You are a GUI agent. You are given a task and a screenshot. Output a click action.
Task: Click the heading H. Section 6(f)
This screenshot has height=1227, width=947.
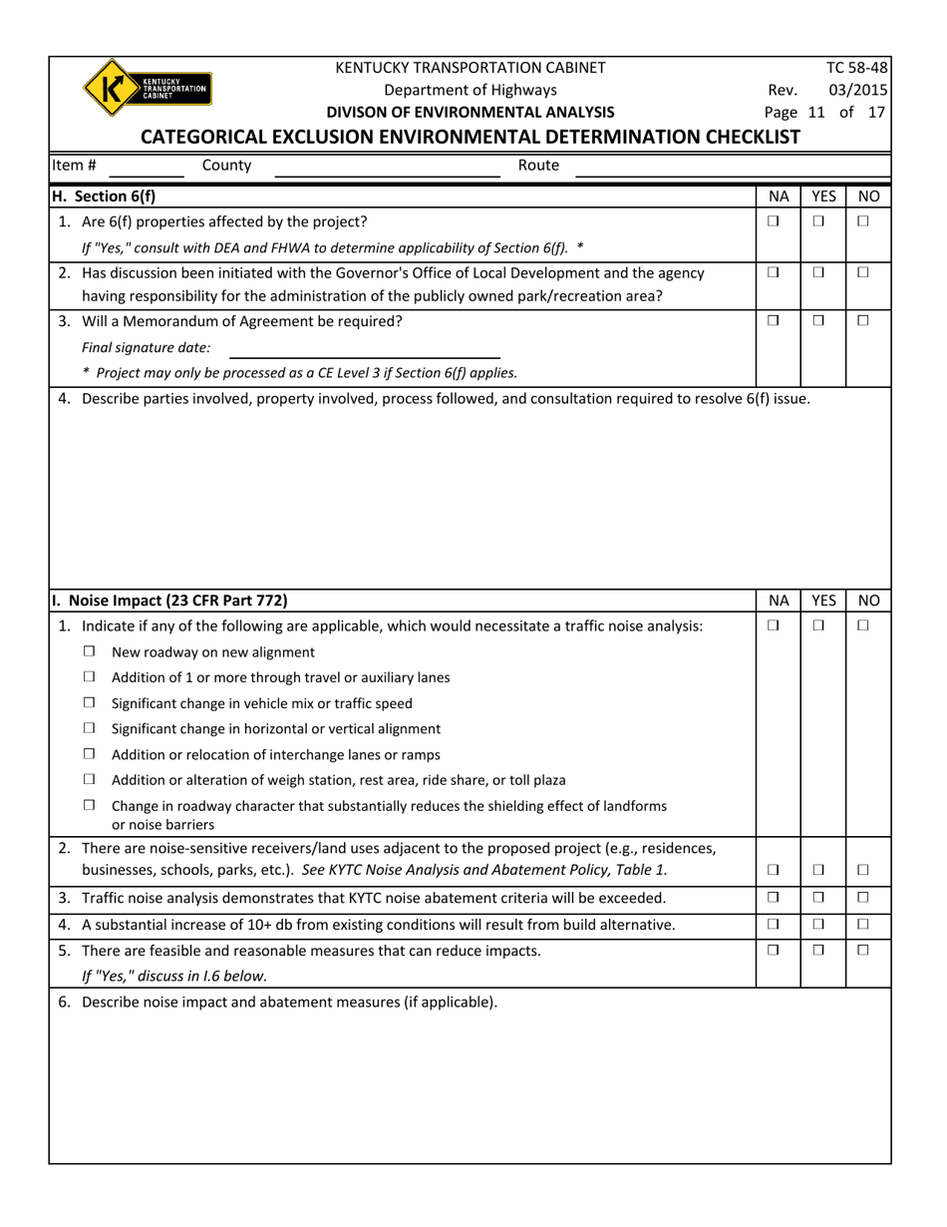click(x=104, y=197)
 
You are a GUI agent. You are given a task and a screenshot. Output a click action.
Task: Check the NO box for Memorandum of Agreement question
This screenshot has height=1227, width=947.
click(x=863, y=320)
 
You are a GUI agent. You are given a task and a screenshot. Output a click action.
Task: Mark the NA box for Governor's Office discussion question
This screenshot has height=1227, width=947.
click(x=773, y=272)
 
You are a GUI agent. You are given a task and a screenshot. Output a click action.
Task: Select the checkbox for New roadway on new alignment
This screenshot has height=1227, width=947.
click(x=90, y=651)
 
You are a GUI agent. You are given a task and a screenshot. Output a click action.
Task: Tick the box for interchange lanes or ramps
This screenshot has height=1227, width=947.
click(x=90, y=754)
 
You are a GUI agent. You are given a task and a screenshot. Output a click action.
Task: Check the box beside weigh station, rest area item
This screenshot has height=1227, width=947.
click(x=90, y=779)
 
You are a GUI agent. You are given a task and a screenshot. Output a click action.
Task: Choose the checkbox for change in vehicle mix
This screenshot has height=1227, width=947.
click(x=90, y=702)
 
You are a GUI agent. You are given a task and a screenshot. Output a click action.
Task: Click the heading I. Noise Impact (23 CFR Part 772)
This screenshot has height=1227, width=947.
click(x=170, y=601)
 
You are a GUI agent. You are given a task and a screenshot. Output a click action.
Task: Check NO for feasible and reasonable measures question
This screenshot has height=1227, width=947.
click(x=863, y=950)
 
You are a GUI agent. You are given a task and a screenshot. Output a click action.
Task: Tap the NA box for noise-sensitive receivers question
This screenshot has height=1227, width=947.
click(x=773, y=871)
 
